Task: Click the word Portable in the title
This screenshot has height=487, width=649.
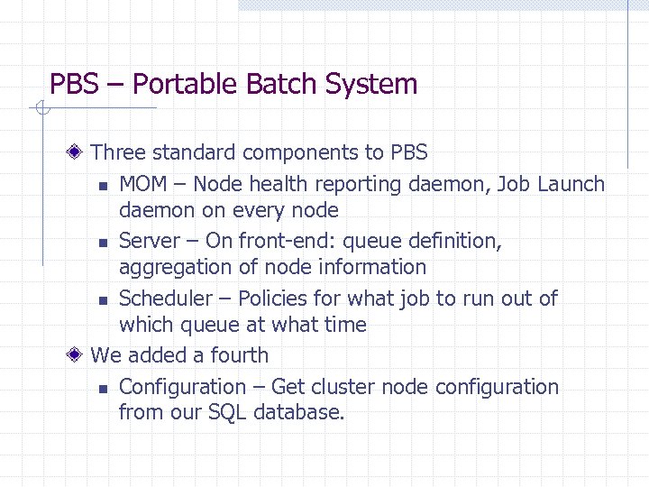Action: (172, 85)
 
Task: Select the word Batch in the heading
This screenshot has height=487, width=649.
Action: (257, 85)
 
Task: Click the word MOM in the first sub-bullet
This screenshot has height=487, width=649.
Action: (143, 184)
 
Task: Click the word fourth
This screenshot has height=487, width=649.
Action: (240, 355)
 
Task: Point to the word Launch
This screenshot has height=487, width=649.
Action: (571, 184)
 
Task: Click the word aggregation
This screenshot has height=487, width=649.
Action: (170, 267)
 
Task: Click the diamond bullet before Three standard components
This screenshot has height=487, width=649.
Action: (80, 152)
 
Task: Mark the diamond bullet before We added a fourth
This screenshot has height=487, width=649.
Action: (80, 355)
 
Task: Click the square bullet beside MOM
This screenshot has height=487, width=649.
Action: (104, 187)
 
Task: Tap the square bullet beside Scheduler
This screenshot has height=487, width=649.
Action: (104, 300)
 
